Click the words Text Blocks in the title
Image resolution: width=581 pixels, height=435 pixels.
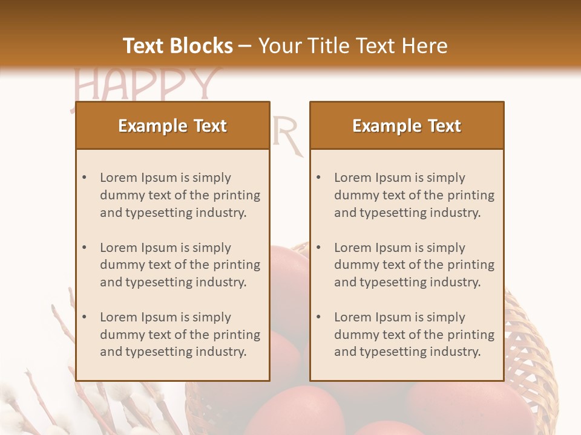(177, 46)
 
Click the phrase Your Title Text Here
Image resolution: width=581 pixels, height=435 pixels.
(353, 46)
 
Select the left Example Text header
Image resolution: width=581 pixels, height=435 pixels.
(172, 126)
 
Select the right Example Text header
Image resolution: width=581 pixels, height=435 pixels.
(407, 126)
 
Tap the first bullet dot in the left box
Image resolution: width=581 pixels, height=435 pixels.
(84, 178)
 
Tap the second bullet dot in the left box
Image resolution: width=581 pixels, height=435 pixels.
(84, 248)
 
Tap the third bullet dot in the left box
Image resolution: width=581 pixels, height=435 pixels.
(84, 317)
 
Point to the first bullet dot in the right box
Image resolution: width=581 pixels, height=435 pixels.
(318, 178)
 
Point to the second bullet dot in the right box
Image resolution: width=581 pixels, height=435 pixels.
(318, 248)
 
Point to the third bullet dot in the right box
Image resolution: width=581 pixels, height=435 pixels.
(318, 317)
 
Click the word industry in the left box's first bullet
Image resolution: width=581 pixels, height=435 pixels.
(223, 213)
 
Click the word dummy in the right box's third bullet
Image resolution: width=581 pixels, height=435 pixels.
(356, 335)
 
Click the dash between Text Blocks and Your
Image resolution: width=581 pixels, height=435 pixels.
(245, 46)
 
